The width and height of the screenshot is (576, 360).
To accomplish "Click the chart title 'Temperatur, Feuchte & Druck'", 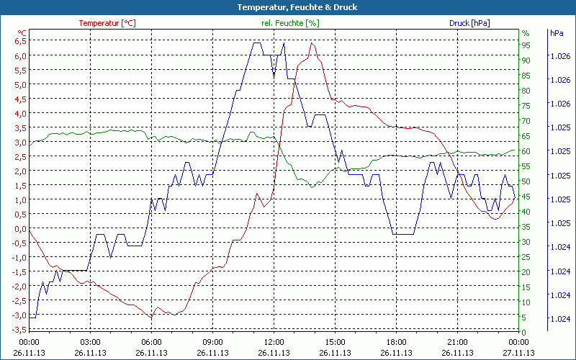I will coord(287,7).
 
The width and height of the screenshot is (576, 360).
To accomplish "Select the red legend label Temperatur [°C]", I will coord(107,23).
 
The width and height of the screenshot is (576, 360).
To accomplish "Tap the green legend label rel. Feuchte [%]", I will coord(290,23).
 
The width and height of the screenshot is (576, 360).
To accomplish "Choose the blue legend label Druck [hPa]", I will coord(469,23).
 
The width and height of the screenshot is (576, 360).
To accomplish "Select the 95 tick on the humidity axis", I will coord(526,45).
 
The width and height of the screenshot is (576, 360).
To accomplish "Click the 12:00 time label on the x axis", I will coord(274,342).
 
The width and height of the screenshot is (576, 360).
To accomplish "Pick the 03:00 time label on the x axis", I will coord(90,342).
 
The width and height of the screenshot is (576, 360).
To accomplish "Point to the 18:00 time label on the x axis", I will coord(397,342).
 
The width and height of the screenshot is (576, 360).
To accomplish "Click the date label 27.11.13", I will coord(519,353).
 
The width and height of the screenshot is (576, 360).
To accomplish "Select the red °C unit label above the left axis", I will coord(22,33).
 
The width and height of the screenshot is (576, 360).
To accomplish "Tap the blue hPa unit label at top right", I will coord(557,33).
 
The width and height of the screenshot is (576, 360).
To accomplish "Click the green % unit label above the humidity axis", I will coord(525,33).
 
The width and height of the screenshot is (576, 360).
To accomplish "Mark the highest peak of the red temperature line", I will coord(312,43).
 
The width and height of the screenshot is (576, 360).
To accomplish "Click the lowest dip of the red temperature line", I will coord(152,317).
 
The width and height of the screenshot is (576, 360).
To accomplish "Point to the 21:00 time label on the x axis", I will coord(458,342).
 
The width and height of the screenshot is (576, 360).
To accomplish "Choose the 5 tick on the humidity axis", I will coord(524,317).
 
